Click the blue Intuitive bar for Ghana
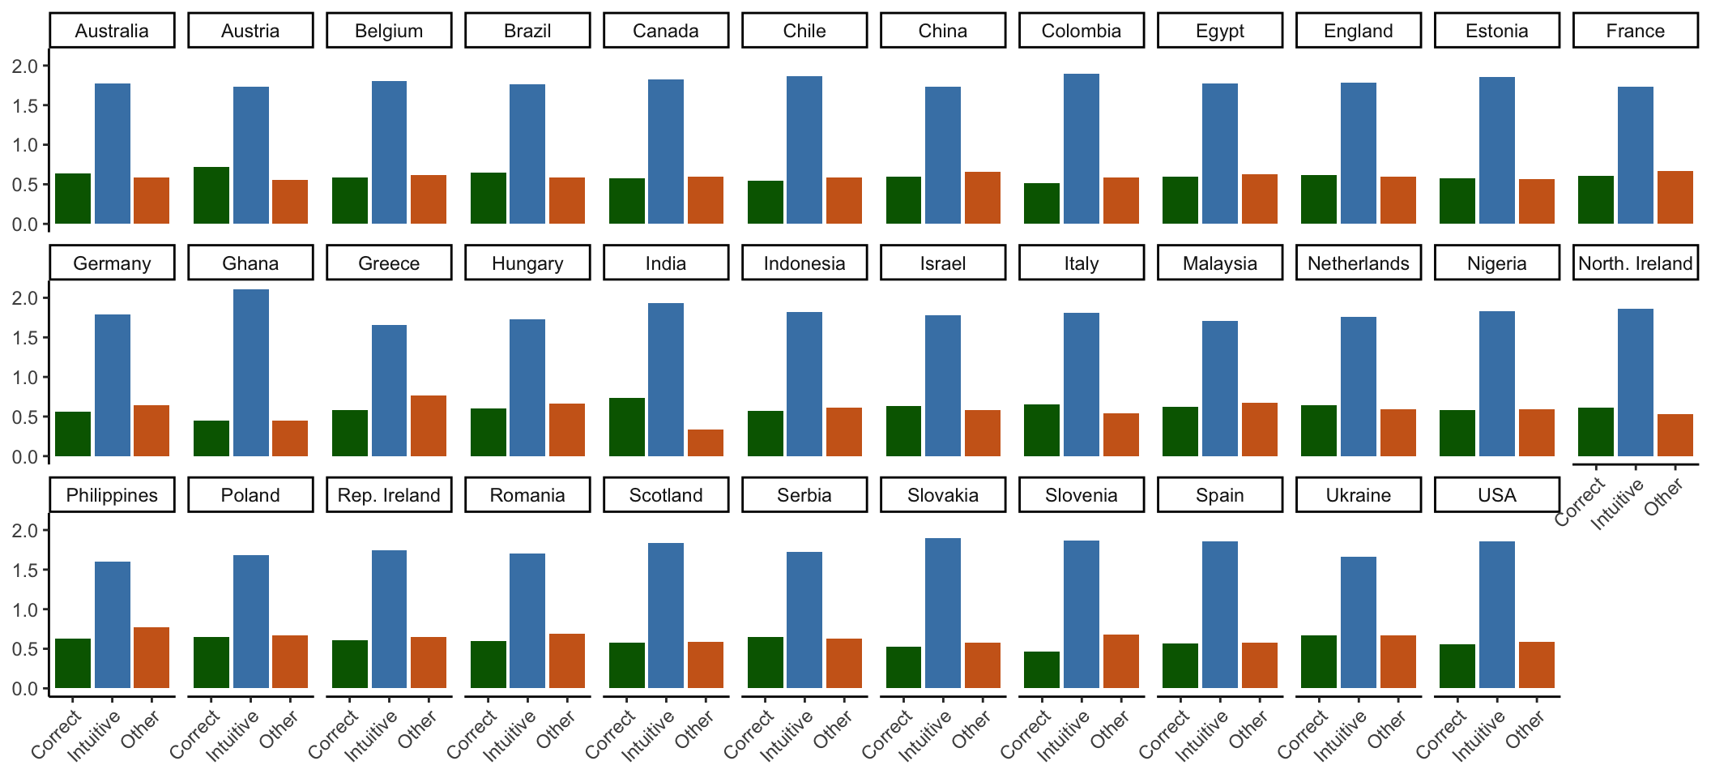coord(251,373)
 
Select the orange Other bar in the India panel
coord(706,442)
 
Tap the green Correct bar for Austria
coord(211,195)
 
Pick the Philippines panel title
coord(112,495)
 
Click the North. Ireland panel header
coord(1635,263)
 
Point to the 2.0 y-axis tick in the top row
coord(25,66)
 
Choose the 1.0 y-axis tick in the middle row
coord(25,378)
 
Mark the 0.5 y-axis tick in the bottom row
coord(25,649)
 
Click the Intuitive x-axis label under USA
coord(1479,735)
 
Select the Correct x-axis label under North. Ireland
coord(1580,502)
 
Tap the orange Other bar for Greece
coord(429,425)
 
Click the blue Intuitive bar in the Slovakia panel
coord(943,613)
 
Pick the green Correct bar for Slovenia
coord(1042,670)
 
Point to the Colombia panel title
coord(1082,31)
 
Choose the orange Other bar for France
coord(1675,197)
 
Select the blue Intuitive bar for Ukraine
coord(1359,622)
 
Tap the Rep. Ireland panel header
coord(389,495)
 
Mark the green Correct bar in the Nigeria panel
coord(1457,433)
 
